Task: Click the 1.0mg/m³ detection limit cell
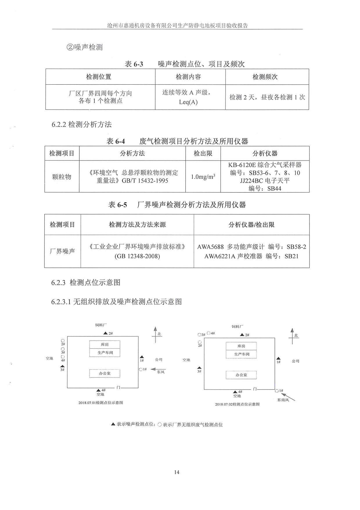tap(203, 176)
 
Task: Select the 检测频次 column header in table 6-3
tap(265, 77)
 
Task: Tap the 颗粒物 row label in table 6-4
tap(62, 177)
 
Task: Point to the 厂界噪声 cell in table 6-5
tap(62, 251)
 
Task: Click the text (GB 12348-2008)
tap(137, 256)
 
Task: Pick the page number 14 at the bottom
tap(177, 472)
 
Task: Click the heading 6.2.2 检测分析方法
tap(82, 124)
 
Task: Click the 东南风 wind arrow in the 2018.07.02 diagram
tap(289, 397)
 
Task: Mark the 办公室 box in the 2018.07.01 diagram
tap(105, 373)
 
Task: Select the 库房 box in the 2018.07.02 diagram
tap(241, 346)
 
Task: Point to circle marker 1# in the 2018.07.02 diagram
tap(277, 391)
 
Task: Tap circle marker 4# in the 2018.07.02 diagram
tap(208, 333)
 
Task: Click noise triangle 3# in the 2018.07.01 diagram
tap(62, 366)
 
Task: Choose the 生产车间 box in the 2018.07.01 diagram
tap(105, 353)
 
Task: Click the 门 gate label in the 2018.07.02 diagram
tap(255, 389)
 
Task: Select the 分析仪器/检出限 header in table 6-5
tap(251, 224)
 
